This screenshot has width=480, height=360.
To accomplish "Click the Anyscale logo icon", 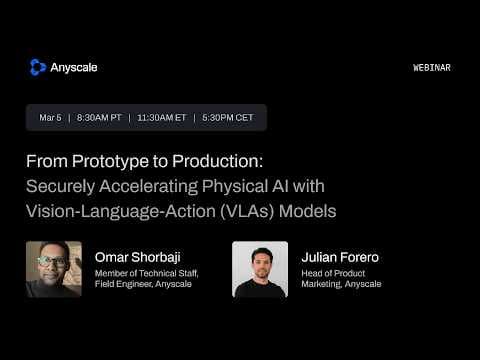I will (38, 67).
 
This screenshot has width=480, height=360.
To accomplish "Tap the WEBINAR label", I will (431, 68).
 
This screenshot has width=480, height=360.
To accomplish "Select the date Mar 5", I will (50, 118).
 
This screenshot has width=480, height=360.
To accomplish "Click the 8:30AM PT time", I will (99, 118).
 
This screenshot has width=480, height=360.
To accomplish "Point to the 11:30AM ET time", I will (162, 118).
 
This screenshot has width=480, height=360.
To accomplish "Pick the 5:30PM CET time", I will (229, 118).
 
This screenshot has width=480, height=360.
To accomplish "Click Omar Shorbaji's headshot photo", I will (54, 269).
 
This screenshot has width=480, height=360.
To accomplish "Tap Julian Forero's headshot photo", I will (260, 269).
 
